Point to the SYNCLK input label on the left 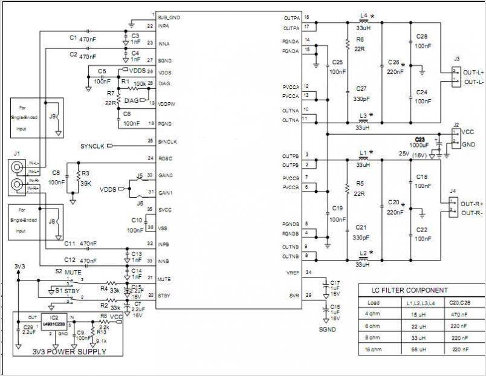[92, 146]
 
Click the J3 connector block [456, 76]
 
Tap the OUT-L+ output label [472, 72]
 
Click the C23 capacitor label [421, 138]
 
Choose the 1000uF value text [423, 146]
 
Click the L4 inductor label [363, 15]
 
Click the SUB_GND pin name [169, 17]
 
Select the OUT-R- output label [472, 213]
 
